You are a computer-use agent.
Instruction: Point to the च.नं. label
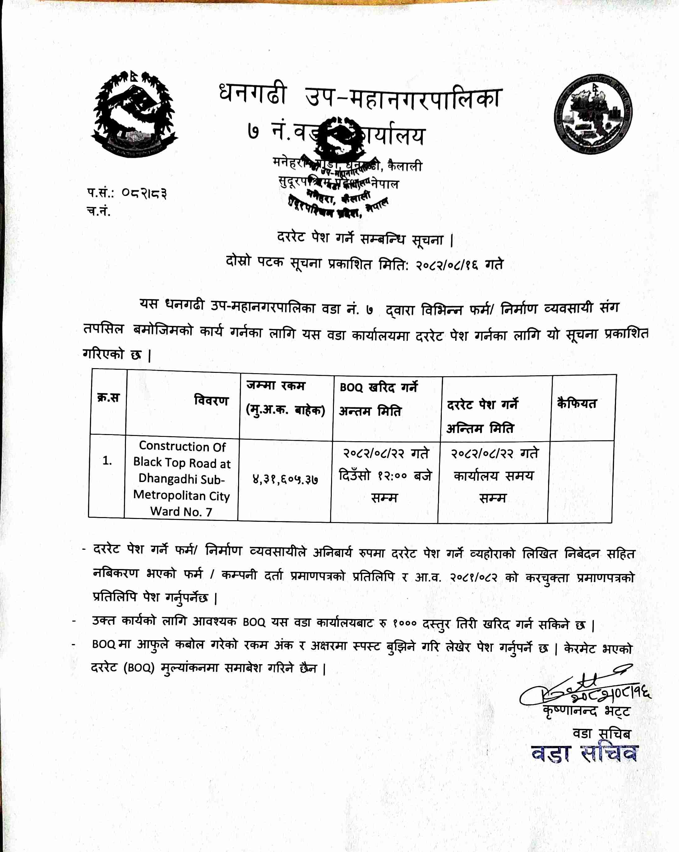coord(99,211)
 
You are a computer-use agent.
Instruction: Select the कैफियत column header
coord(576,404)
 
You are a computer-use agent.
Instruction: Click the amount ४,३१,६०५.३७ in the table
coord(285,479)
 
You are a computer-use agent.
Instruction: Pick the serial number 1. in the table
coord(107,461)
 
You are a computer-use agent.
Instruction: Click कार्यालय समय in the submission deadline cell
coord(493,476)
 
